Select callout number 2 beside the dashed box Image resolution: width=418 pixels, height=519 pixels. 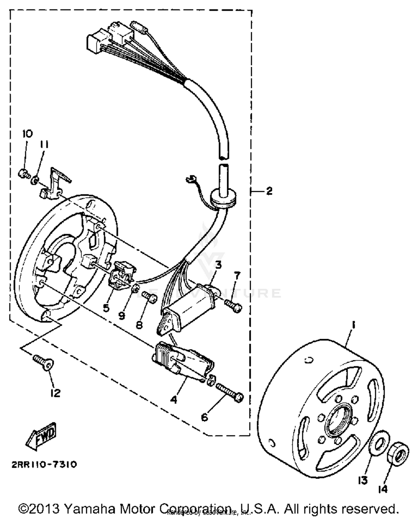(269, 191)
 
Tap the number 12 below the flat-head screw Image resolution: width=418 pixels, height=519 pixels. (55, 393)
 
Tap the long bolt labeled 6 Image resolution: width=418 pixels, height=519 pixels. (229, 392)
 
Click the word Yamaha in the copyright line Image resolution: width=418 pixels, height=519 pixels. (89, 509)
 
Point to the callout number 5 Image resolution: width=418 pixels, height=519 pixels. (106, 308)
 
